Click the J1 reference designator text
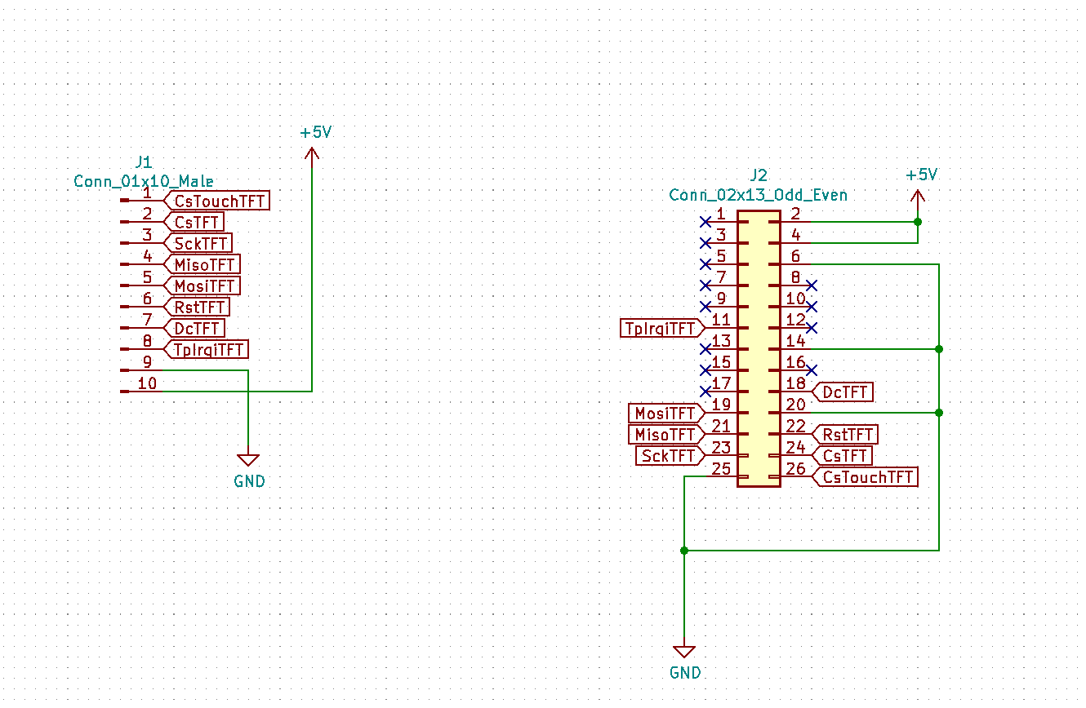pos(143,162)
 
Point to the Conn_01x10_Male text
pos(144,181)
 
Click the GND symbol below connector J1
pos(248,461)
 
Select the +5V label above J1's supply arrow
pos(316,132)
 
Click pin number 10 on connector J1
pos(147,383)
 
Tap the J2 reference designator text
pos(758,175)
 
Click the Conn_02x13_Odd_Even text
pos(758,195)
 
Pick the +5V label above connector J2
pos(921,175)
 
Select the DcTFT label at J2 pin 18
pos(844,392)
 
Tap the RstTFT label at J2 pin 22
pos(848,435)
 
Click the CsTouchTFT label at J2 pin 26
pos(867,477)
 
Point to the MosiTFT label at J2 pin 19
pos(665,414)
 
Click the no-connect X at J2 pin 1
pos(705,222)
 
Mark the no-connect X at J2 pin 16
pos(812,370)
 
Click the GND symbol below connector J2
pos(684,652)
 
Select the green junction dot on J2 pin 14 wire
pos(939,349)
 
